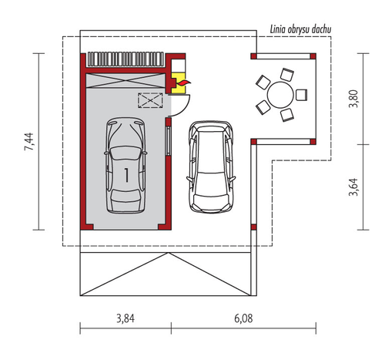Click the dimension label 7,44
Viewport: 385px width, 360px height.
(28, 142)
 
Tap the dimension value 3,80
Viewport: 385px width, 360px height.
(353, 99)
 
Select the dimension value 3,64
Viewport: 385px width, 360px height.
(353, 187)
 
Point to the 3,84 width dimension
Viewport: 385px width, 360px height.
(126, 318)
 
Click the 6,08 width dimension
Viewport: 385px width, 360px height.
(243, 318)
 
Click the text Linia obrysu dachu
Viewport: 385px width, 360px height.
(300, 29)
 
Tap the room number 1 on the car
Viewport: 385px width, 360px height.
(126, 175)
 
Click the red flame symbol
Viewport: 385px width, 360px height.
(184, 82)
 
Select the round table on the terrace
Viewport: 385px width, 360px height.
(280, 95)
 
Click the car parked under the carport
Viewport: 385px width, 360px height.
(211, 167)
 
